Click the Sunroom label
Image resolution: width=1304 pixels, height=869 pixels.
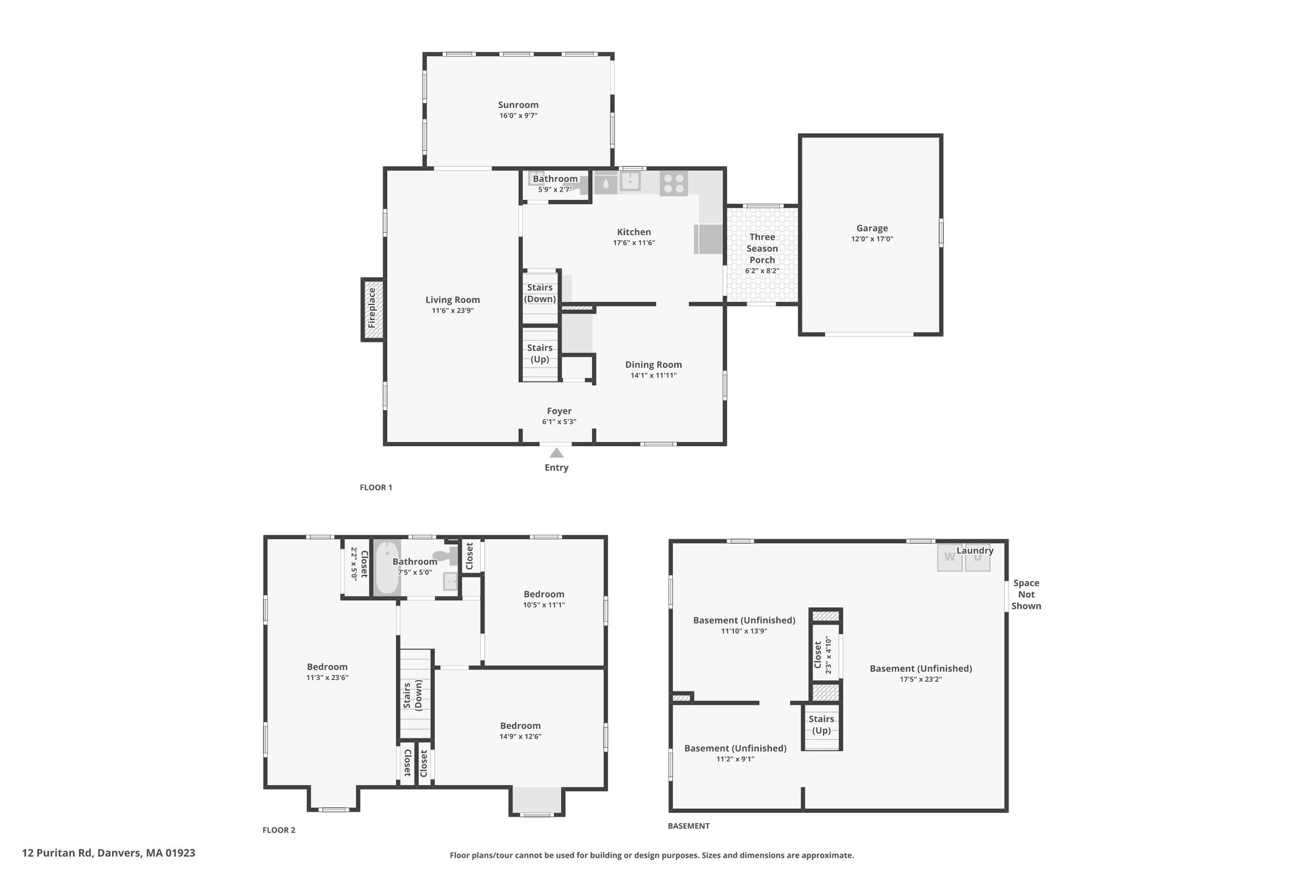point(518,105)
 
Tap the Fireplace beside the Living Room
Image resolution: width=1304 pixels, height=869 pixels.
point(372,309)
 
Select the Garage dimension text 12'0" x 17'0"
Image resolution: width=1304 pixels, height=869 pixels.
point(872,239)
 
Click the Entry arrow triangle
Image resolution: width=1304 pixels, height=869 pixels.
point(556,453)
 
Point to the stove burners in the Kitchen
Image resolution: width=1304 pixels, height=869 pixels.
point(674,183)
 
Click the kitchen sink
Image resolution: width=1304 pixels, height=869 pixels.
point(630,182)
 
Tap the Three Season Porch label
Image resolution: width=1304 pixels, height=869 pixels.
point(762,248)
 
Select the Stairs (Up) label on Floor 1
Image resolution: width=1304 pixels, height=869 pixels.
point(540,353)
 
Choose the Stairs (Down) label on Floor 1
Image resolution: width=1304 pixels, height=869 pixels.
point(540,293)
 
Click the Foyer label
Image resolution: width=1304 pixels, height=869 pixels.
point(559,411)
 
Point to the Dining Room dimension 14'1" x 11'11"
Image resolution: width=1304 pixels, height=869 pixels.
point(653,376)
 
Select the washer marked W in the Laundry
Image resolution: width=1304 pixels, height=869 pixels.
point(949,557)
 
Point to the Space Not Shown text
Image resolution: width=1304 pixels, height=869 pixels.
point(1026,595)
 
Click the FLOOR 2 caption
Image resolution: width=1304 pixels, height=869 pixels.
point(279,830)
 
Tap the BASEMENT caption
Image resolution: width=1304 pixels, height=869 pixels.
point(688,826)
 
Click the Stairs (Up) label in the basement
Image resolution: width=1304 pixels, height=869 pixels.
point(821,724)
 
